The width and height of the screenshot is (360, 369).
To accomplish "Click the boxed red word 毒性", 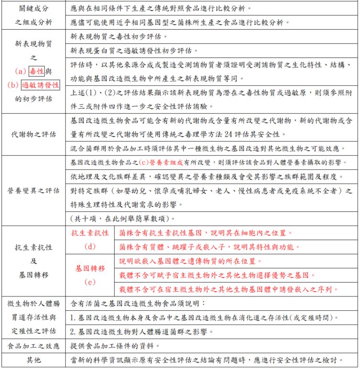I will pyautogui.click(x=36, y=72).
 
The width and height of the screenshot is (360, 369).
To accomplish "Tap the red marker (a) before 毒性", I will pyautogui.click(x=21, y=72).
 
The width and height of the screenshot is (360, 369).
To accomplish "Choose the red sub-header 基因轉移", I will pyautogui.click(x=89, y=269).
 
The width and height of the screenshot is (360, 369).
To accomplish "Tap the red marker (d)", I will pyautogui.click(x=89, y=246).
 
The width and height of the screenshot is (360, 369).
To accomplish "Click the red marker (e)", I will pyautogui.click(x=89, y=282).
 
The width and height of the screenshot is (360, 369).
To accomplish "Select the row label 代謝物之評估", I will pyautogui.click(x=33, y=134).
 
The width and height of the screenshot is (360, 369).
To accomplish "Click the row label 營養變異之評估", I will pyautogui.click(x=33, y=190).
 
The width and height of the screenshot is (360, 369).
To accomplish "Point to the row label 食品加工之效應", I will pyautogui.click(x=33, y=346).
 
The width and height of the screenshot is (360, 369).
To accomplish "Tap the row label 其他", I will pyautogui.click(x=33, y=359).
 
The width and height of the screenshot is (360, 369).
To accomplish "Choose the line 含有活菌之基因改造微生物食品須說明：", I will pyautogui.click(x=137, y=303).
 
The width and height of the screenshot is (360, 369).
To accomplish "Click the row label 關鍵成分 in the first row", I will pyautogui.click(x=33, y=9).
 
